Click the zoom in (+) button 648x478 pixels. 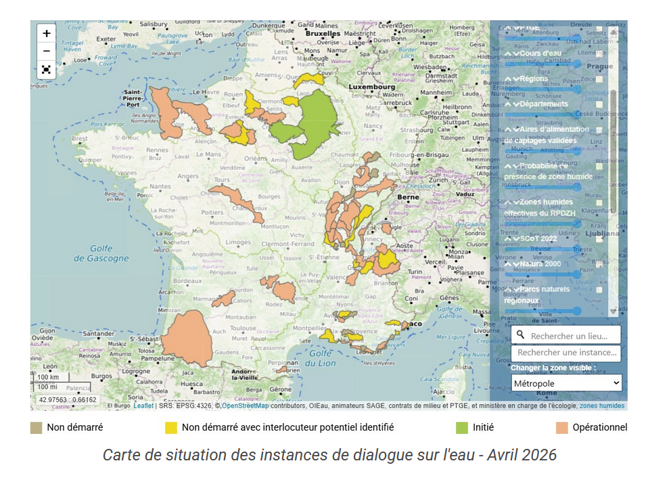point(47,33)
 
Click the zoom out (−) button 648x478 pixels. point(47,51)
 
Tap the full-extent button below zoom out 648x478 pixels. point(47,69)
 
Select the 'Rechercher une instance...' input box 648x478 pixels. point(567,353)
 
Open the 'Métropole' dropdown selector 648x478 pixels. point(566,383)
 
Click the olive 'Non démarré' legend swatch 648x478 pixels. point(36,427)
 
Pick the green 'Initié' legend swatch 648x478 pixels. point(461,427)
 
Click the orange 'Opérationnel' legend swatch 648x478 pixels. point(561,427)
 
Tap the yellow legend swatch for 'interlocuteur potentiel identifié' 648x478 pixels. point(171,427)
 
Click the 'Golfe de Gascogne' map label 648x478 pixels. point(100,253)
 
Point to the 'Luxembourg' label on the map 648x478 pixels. point(371,87)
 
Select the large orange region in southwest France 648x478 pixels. point(185,339)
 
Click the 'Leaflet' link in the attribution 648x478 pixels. point(143,406)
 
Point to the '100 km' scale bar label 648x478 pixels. point(48,377)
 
